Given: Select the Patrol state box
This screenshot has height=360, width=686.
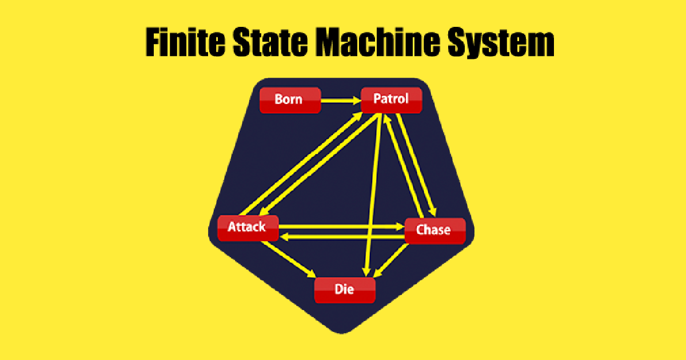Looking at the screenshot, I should (x=391, y=99).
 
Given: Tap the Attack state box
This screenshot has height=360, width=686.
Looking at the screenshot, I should (x=248, y=227).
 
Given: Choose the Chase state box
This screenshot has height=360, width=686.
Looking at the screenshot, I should (x=434, y=230).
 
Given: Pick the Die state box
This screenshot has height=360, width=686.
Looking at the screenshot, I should (x=345, y=290).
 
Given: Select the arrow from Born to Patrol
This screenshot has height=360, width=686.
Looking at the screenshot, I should (x=340, y=101).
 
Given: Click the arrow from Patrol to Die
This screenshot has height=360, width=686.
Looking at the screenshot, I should (x=374, y=194).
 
